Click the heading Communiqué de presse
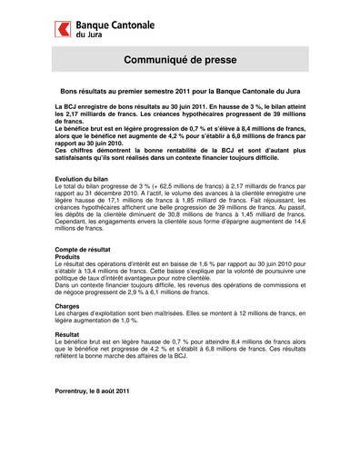click(x=179, y=60)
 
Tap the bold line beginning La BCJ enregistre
click(x=179, y=108)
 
